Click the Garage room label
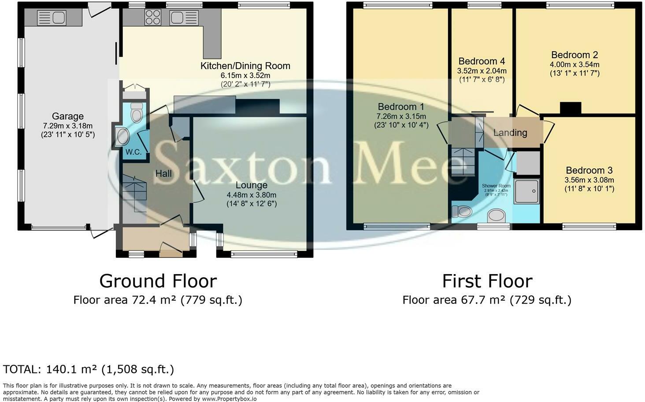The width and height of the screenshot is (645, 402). click(67, 116)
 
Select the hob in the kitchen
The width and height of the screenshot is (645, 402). click(153, 18)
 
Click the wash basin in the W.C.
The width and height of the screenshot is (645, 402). click(122, 136)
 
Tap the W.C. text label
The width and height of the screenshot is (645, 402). click(133, 152)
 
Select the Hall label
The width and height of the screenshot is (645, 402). click(163, 174)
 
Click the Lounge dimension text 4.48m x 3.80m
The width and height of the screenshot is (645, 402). click(251, 195)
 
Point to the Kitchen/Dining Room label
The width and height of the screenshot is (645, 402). click(245, 66)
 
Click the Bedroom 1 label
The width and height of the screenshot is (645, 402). click(401, 107)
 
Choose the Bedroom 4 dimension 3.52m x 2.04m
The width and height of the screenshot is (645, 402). click(482, 71)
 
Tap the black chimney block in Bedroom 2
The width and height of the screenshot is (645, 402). click(571, 108)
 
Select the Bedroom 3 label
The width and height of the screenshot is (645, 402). click(589, 170)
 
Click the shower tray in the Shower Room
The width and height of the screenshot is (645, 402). click(526, 191)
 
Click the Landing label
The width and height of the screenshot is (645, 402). click(510, 133)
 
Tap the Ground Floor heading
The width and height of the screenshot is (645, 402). click(158, 281)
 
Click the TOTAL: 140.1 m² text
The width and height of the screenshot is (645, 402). click(89, 369)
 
